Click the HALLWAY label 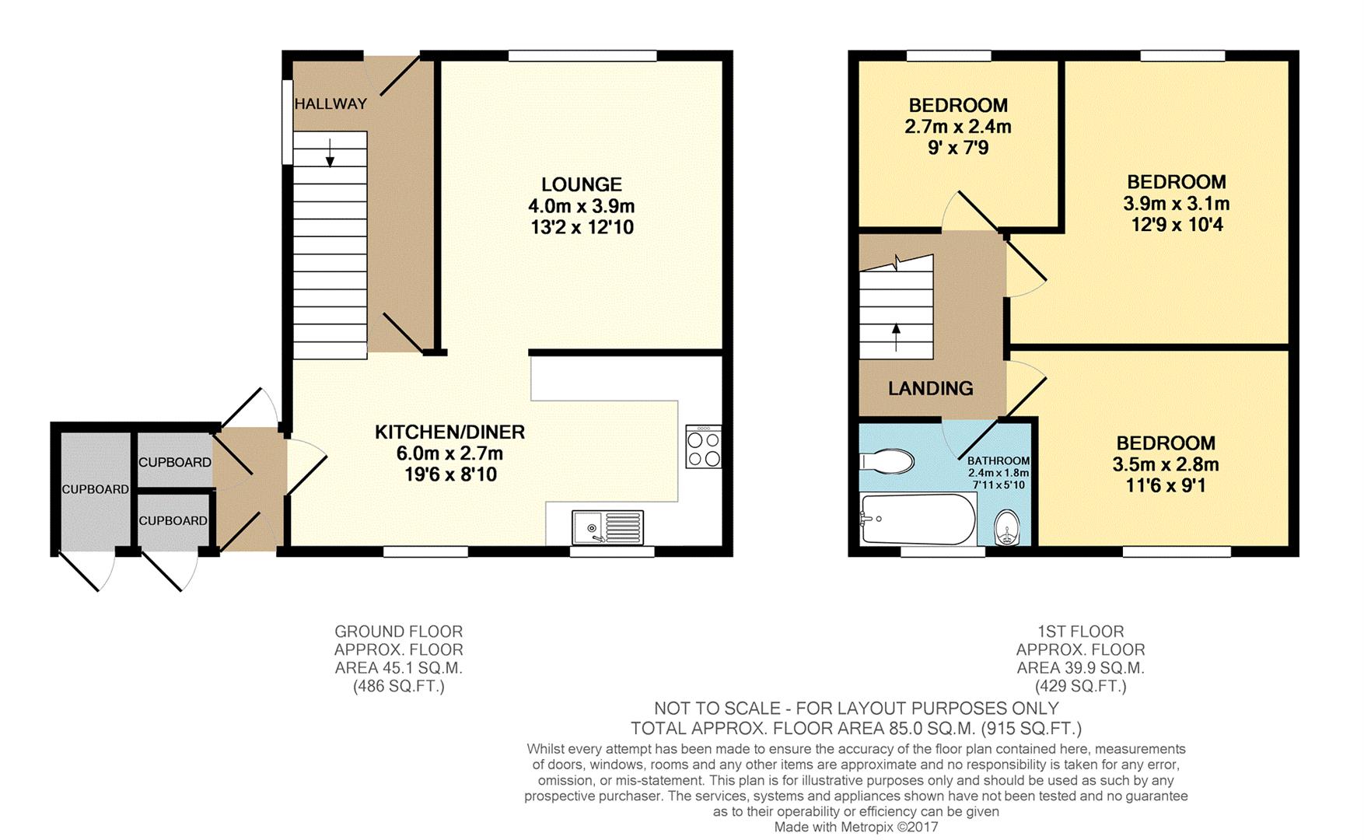[331, 103]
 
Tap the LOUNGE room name [582, 184]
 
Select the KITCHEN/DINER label [449, 432]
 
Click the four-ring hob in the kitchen [703, 446]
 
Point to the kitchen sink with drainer [607, 527]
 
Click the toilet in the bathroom [887, 461]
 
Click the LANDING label [931, 388]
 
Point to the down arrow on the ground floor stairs [330, 152]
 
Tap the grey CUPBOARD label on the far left [95, 489]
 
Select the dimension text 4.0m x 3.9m [582, 206]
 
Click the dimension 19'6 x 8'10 [450, 474]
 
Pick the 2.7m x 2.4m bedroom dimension [958, 126]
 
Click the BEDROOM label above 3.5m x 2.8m [1166, 443]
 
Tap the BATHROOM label [999, 461]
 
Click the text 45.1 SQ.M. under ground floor [399, 667]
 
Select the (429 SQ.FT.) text [1080, 686]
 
